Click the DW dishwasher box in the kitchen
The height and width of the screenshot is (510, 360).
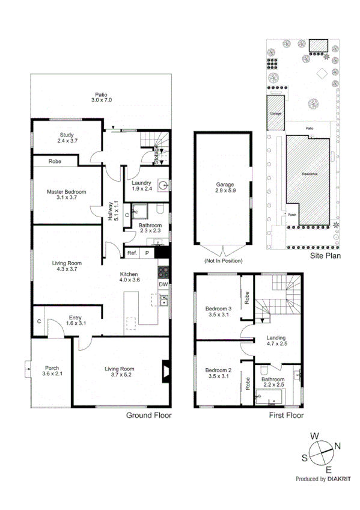click(163, 284)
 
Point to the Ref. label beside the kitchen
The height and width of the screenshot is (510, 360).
click(132, 254)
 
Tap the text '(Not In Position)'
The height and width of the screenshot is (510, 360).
click(222, 261)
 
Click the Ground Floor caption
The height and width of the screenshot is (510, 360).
click(148, 415)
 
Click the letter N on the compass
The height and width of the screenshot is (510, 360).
click(337, 446)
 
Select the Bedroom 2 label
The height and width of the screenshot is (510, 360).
click(218, 370)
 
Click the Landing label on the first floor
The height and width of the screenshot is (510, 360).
click(276, 338)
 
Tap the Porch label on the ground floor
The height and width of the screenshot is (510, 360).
click(52, 369)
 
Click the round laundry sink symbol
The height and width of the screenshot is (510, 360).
click(162, 185)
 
